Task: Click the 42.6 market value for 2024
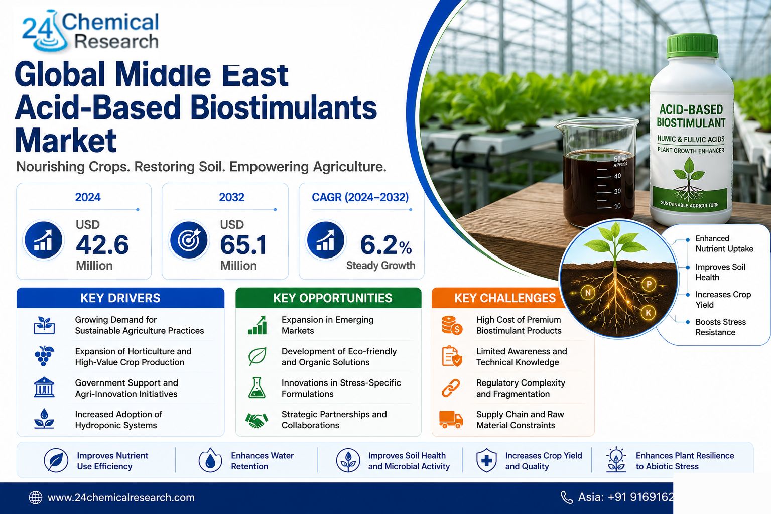click(102, 245)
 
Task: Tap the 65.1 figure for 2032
click(243, 245)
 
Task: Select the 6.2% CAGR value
click(386, 245)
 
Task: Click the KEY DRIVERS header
click(120, 298)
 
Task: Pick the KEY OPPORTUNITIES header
click(332, 298)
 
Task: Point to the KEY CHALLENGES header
click(505, 298)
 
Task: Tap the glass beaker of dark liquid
click(597, 172)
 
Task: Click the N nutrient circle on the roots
click(588, 293)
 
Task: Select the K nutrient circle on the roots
click(649, 313)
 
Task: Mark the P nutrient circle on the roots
click(649, 284)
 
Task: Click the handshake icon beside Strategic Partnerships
click(256, 420)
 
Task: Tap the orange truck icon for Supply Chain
click(451, 419)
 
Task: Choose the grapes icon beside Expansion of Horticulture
click(44, 356)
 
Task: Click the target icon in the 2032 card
click(188, 240)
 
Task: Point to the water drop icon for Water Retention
click(210, 460)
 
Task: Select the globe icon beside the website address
click(36, 497)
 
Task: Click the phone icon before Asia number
click(567, 497)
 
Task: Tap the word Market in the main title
click(66, 140)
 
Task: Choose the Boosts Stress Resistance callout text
click(720, 327)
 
